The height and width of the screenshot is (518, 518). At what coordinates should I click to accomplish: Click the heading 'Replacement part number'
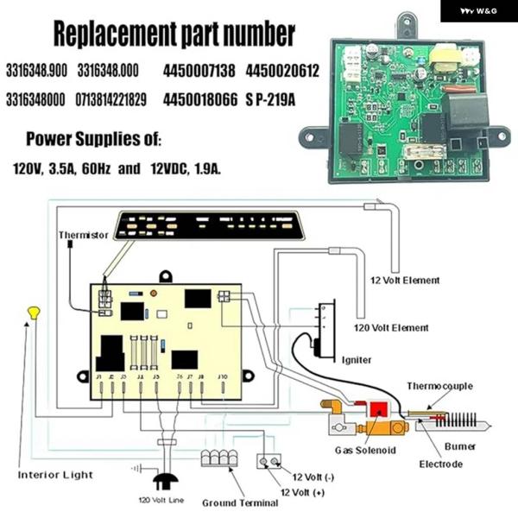pyautogui.click(x=174, y=34)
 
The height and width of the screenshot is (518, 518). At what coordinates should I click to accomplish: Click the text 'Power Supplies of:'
pyautogui.click(x=93, y=138)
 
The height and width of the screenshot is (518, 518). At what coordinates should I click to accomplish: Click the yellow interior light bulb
pyautogui.click(x=34, y=311)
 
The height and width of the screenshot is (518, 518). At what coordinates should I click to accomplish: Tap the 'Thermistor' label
pyautogui.click(x=84, y=235)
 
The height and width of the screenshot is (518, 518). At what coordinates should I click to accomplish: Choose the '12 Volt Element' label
pyautogui.click(x=405, y=281)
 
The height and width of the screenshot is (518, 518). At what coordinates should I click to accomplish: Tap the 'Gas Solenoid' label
pyautogui.click(x=365, y=450)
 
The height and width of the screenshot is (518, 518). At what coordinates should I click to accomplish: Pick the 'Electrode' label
pyautogui.click(x=441, y=464)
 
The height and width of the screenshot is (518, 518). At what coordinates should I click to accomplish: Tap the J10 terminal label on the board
pyautogui.click(x=222, y=376)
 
